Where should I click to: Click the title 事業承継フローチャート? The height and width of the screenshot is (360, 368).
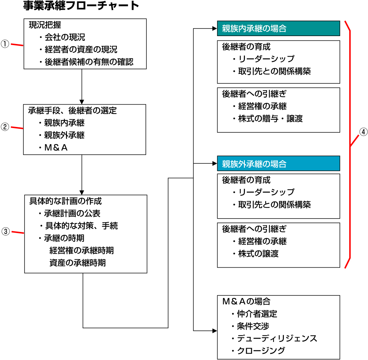point(81,5)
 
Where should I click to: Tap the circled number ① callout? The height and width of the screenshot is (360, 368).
point(5,44)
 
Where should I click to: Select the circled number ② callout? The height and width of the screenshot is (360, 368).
point(5,127)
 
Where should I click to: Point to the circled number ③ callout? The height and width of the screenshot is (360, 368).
point(6,231)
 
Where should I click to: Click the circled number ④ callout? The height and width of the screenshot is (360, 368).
point(363,132)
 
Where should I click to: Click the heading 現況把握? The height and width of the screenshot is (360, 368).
point(45,25)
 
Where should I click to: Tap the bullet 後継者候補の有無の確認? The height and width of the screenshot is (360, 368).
point(89,62)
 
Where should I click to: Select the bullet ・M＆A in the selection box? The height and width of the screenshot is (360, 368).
point(53,148)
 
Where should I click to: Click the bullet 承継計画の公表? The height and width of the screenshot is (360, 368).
point(72,213)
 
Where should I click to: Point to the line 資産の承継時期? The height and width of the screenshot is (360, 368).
point(78,263)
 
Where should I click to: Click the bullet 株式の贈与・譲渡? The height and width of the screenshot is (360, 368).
point(270,119)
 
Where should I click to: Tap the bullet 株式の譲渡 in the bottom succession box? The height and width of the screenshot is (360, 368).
point(258,254)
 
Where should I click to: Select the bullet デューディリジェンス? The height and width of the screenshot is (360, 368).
point(277,338)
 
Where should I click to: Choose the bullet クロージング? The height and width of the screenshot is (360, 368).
point(261,351)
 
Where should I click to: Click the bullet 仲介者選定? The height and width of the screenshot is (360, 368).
point(257,314)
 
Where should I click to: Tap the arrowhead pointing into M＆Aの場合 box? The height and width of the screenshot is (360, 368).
point(215,331)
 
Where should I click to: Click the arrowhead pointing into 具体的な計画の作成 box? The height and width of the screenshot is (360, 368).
point(82,192)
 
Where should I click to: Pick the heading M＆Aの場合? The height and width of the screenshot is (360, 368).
point(246,301)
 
